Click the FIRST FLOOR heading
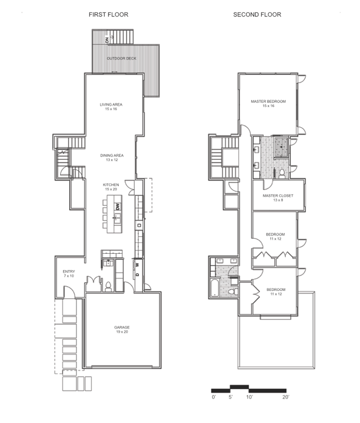[109, 15]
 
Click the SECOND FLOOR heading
[257, 15]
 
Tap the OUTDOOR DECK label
[121, 58]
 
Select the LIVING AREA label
[111, 105]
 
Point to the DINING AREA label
[112, 155]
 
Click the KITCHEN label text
[111, 185]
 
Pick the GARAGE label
[122, 327]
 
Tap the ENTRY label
[69, 271]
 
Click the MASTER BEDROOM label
[268, 101]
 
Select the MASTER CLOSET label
[278, 196]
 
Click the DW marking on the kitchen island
[118, 207]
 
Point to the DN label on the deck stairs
[107, 40]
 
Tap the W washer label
[137, 265]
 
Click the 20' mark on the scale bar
[286, 397]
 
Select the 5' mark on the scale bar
[231, 397]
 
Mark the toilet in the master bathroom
[282, 173]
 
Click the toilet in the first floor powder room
[108, 286]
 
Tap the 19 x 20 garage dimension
[122, 332]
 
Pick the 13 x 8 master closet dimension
[278, 200]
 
